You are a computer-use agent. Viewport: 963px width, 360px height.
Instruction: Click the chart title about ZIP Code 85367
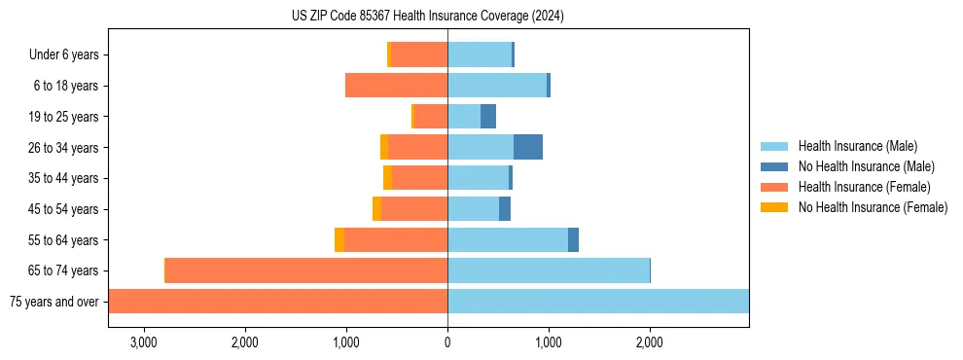(x=428, y=16)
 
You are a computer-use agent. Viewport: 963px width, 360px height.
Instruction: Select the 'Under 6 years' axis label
(x=63, y=55)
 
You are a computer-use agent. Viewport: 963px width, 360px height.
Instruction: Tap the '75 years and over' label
(x=53, y=302)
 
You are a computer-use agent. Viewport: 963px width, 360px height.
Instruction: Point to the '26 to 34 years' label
(x=63, y=148)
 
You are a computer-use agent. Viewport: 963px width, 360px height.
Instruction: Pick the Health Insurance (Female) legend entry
(x=864, y=187)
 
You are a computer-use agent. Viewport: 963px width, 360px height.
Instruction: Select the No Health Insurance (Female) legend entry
(x=873, y=207)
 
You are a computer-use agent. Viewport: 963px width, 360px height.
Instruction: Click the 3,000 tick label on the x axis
(x=143, y=342)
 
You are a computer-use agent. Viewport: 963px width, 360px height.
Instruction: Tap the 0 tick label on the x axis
(x=447, y=342)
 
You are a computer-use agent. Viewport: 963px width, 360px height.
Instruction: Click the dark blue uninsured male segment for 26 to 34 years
(x=528, y=148)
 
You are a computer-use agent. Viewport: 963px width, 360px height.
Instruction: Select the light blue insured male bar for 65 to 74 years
(x=549, y=270)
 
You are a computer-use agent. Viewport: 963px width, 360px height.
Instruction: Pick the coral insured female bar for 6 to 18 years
(x=397, y=86)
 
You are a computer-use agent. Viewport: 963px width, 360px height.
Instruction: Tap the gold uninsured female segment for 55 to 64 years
(x=339, y=240)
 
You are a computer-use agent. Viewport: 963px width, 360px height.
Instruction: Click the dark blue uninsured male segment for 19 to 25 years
(x=488, y=117)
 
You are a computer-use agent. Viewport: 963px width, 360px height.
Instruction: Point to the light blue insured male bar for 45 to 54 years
(x=474, y=209)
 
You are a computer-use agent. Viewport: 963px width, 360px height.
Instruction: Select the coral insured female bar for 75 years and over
(x=278, y=302)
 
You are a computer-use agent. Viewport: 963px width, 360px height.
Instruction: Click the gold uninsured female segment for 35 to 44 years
(x=387, y=178)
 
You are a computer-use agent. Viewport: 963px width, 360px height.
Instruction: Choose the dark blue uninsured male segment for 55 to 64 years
(x=573, y=240)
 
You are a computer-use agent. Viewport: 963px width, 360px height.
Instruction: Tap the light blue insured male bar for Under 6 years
(x=480, y=55)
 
